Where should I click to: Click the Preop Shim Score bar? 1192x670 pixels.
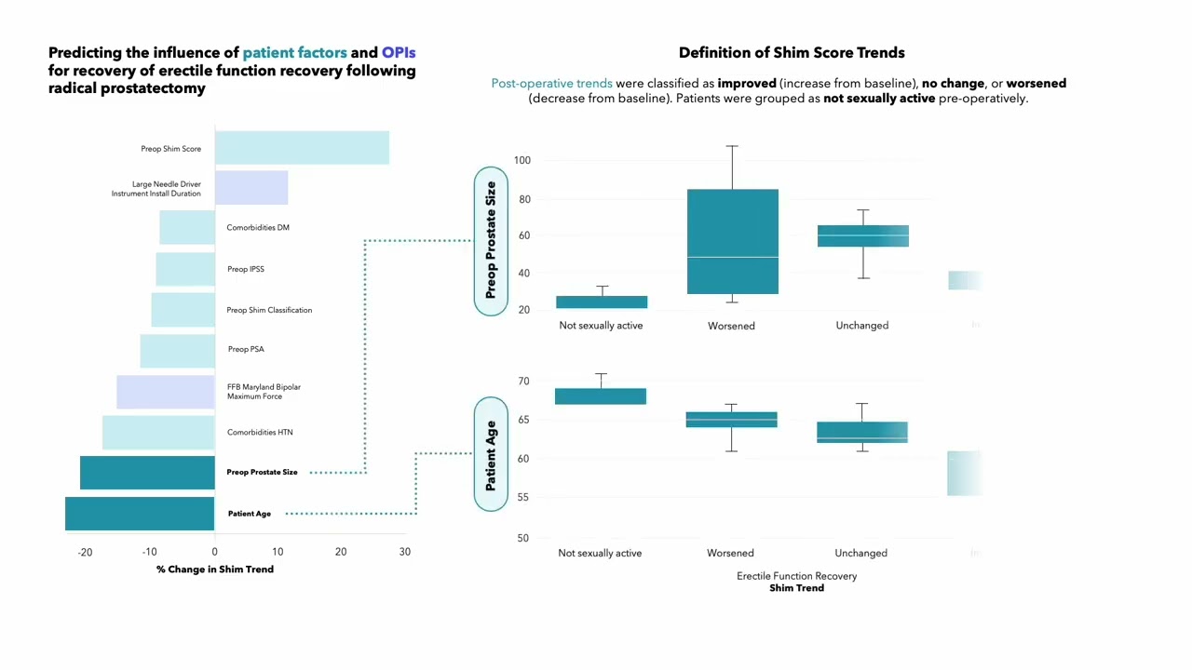click(x=302, y=148)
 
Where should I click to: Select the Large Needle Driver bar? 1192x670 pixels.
click(x=251, y=187)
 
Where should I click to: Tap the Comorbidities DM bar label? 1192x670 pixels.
click(x=258, y=228)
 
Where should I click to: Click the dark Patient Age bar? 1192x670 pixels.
click(x=140, y=514)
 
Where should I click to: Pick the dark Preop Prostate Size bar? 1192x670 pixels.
click(x=147, y=473)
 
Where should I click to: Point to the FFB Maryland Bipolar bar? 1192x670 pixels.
click(x=166, y=392)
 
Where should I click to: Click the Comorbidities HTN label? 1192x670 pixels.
click(x=260, y=433)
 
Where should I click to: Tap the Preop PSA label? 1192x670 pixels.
click(x=246, y=350)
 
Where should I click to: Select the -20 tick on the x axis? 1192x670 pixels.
click(x=86, y=552)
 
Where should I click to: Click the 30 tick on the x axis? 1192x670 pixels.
click(x=404, y=552)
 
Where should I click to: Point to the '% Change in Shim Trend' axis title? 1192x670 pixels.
click(x=215, y=569)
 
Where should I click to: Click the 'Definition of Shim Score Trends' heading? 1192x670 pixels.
click(x=792, y=53)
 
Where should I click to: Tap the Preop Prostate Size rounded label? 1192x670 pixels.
click(x=491, y=241)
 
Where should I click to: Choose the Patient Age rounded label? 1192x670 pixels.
click(x=491, y=455)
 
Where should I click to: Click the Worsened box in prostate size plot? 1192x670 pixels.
click(x=733, y=242)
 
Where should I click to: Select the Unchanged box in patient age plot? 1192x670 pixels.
click(x=862, y=433)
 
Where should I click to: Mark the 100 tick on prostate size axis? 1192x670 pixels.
click(x=521, y=161)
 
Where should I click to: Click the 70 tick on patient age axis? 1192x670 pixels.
click(x=523, y=382)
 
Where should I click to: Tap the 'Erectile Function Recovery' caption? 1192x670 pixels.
click(x=796, y=576)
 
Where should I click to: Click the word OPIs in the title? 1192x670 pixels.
click(x=399, y=53)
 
